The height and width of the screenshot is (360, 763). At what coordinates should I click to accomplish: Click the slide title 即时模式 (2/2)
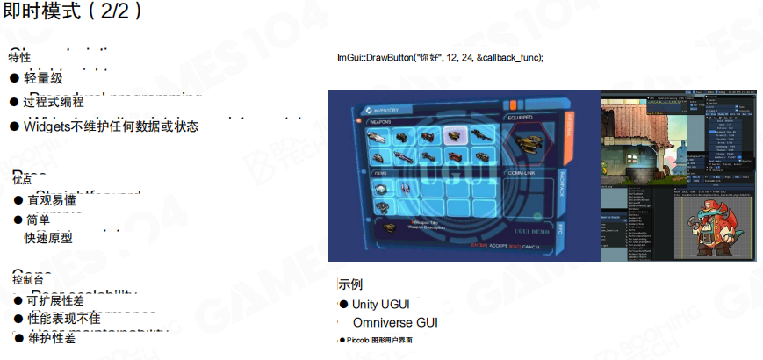click(72, 12)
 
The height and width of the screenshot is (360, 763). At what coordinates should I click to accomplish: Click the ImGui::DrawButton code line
click(440, 57)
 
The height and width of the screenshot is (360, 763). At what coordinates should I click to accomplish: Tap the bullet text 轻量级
click(43, 79)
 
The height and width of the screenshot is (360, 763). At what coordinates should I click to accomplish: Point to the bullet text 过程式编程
click(54, 102)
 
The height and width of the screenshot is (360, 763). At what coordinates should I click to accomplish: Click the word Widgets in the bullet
click(47, 126)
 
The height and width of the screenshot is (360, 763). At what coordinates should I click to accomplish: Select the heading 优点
click(21, 179)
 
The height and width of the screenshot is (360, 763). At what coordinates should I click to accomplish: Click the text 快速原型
click(48, 238)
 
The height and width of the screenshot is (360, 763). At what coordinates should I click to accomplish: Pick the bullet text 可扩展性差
click(55, 299)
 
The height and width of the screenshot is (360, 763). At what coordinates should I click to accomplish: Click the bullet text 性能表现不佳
click(63, 319)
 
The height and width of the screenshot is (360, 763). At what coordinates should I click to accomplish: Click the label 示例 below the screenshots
click(350, 285)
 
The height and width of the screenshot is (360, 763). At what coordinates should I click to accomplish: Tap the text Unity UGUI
click(380, 304)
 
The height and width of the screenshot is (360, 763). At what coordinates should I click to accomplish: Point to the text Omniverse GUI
click(394, 322)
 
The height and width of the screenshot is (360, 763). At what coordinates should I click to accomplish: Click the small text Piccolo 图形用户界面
click(378, 340)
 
